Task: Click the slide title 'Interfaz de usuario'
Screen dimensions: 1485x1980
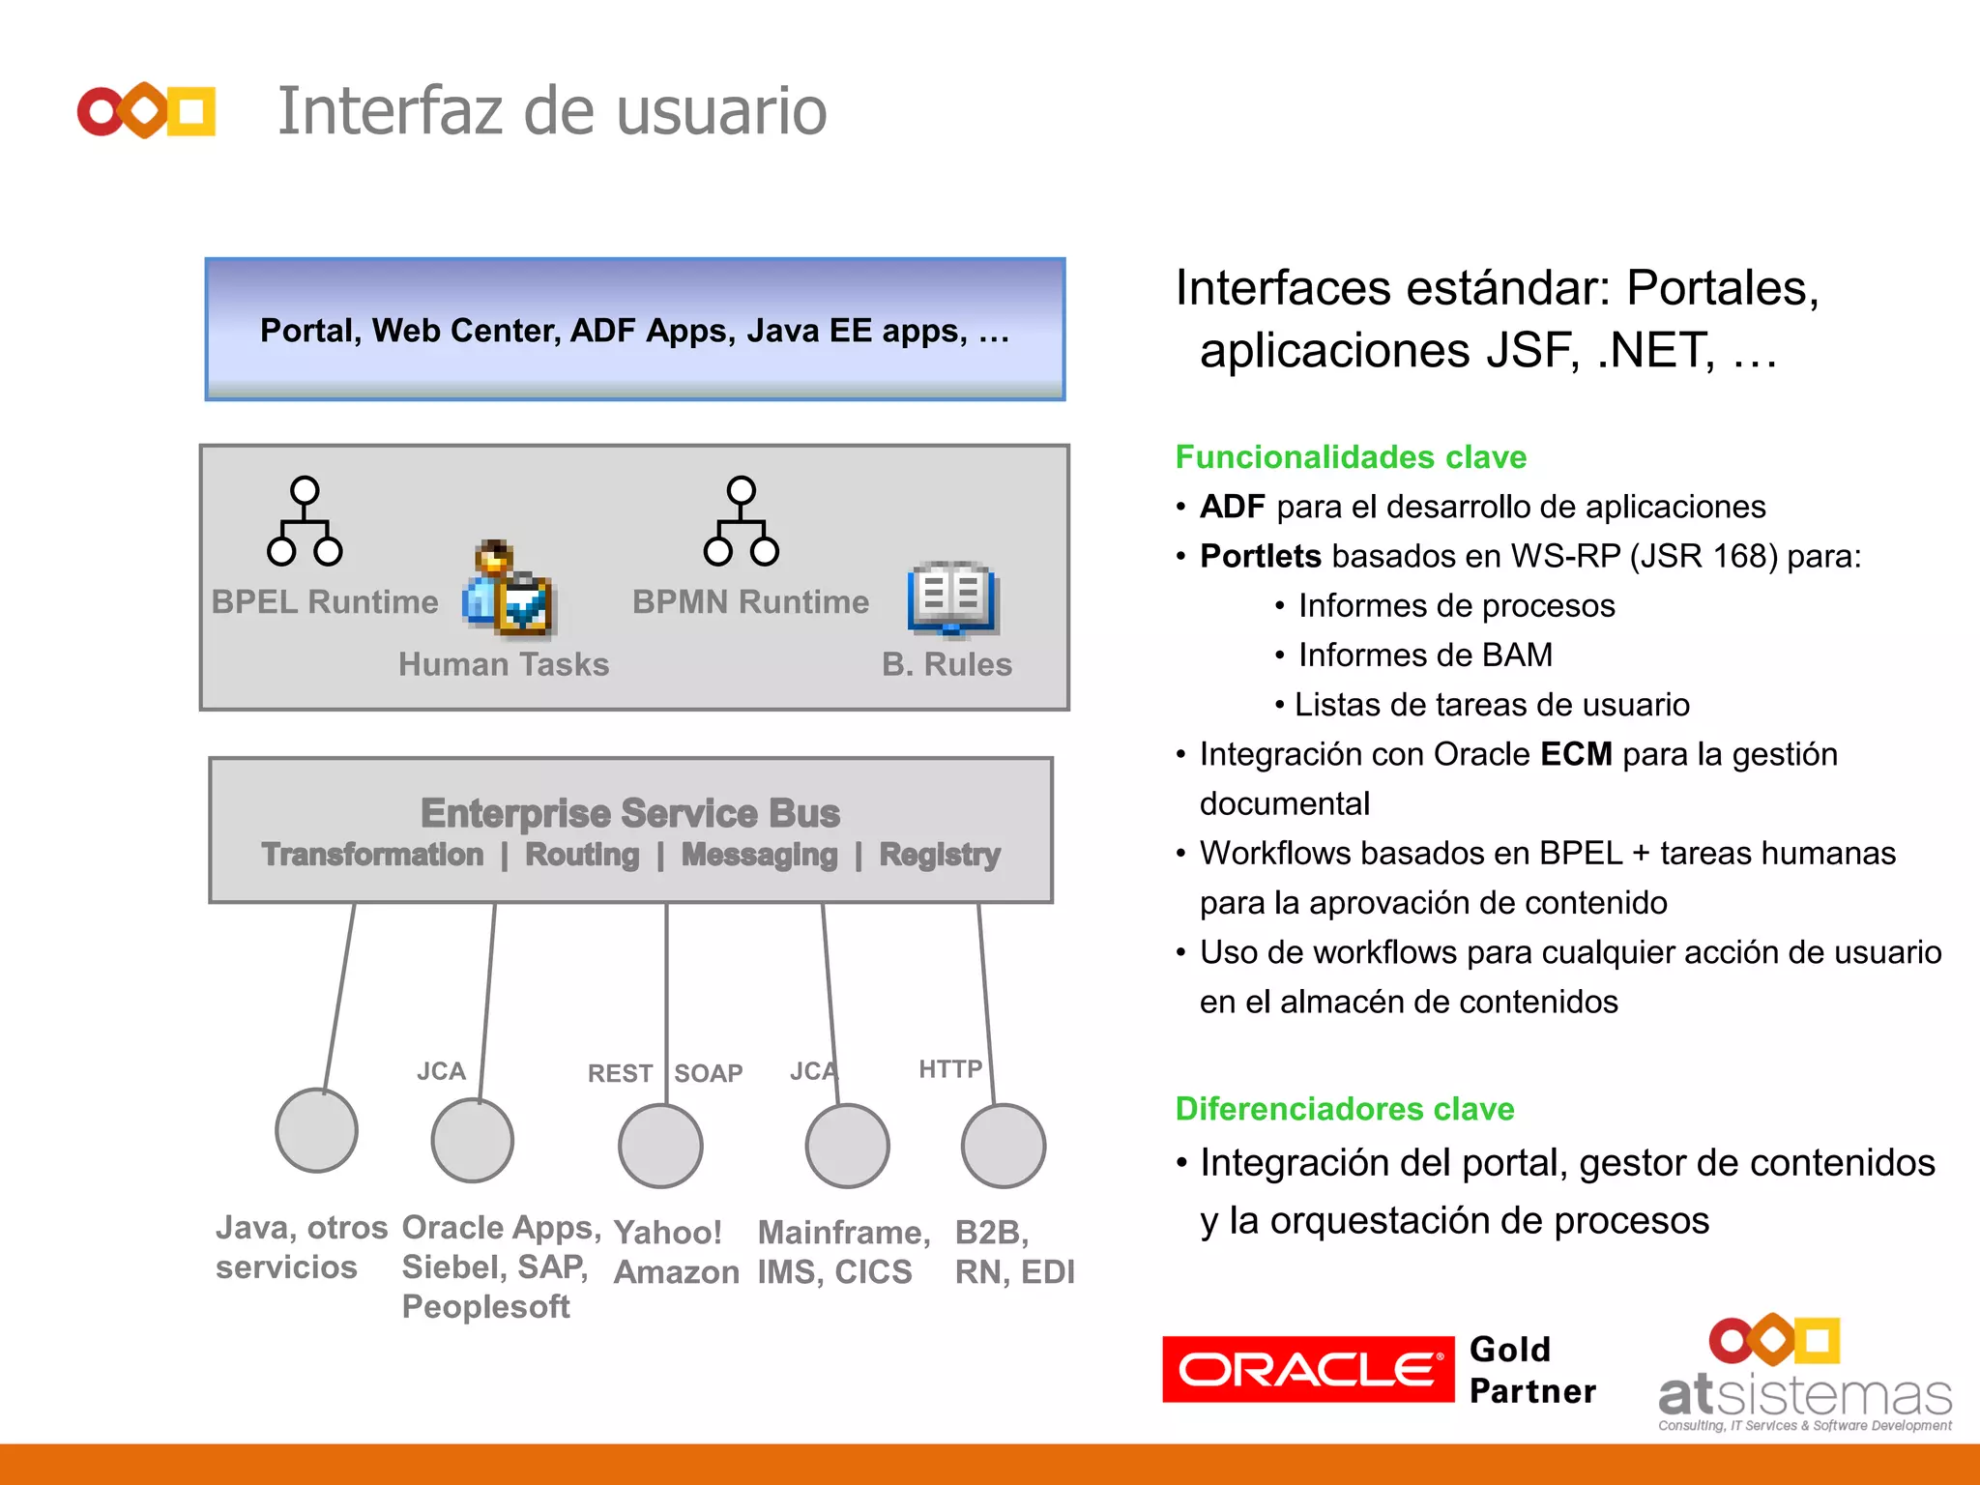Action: (552, 111)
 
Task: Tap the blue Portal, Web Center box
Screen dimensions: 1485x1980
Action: (634, 330)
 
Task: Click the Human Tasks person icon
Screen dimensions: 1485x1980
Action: (508, 589)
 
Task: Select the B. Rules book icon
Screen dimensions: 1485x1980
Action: (951, 598)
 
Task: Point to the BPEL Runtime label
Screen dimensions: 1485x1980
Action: (325, 601)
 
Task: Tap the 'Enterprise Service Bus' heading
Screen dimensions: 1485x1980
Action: (630, 813)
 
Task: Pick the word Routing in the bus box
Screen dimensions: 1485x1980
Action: (582, 855)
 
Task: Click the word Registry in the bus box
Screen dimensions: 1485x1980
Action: (940, 855)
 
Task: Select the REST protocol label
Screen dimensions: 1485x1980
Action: (620, 1073)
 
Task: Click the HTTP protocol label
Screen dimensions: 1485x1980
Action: (949, 1068)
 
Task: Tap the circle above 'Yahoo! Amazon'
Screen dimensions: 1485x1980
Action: (660, 1146)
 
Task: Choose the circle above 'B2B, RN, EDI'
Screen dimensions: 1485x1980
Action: (1004, 1146)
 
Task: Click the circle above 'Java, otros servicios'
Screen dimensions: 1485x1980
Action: (317, 1130)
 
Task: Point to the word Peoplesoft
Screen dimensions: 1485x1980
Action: (485, 1307)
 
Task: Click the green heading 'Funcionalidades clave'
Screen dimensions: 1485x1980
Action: (1351, 456)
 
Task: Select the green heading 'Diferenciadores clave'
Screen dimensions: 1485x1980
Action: (1345, 1108)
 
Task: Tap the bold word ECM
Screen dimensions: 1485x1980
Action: (1576, 754)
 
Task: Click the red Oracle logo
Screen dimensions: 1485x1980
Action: (1308, 1369)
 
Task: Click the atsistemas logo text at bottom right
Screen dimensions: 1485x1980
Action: (1804, 1395)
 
